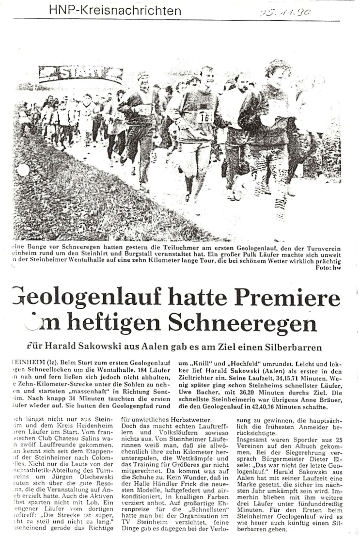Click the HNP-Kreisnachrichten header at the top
[115, 10]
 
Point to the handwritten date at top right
[284, 12]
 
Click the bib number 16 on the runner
[204, 117]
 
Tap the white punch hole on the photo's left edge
[23, 170]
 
